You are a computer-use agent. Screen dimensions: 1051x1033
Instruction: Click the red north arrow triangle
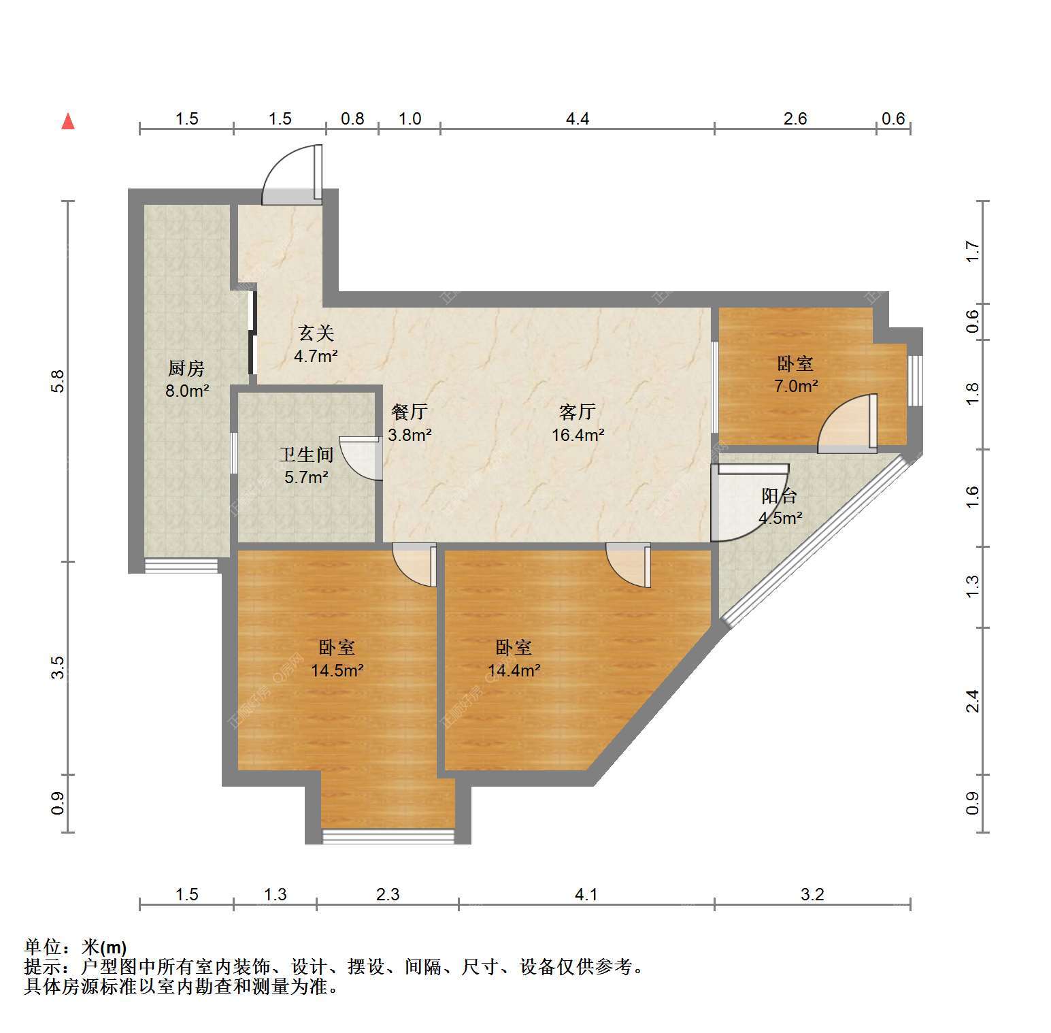[68, 121]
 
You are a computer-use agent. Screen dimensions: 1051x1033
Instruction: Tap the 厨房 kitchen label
[186, 369]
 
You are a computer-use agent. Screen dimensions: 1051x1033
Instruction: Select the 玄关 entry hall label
[316, 333]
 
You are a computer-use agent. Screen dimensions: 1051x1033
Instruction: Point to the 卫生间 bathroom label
[306, 455]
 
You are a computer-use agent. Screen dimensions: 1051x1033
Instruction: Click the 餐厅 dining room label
[410, 412]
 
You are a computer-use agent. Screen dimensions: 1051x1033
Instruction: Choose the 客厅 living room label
[578, 412]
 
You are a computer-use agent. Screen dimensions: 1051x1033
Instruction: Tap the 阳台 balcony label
[779, 496]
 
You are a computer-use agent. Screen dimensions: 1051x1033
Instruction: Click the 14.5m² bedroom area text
[337, 670]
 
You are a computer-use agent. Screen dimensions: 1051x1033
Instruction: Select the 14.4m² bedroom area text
[514, 670]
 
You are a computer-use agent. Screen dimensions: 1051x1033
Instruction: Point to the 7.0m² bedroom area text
[796, 386]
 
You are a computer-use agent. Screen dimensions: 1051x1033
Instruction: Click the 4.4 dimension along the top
[578, 119]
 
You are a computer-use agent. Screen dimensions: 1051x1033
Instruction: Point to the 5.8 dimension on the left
[58, 381]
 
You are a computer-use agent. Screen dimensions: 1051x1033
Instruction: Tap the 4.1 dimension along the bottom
[586, 894]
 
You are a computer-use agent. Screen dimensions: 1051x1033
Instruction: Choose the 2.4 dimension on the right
[973, 701]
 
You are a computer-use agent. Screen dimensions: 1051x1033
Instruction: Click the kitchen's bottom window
[181, 565]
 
